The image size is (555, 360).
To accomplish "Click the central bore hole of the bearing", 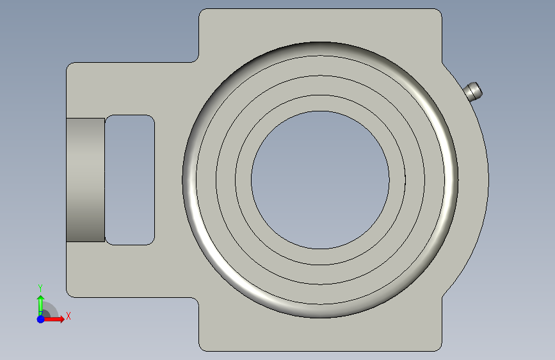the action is (x=320, y=180).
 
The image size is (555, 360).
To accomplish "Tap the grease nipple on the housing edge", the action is (x=473, y=91).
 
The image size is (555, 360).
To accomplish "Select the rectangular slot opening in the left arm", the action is (x=130, y=179).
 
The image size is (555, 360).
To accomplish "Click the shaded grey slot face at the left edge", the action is (x=85, y=180).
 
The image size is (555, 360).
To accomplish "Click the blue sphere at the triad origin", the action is (x=41, y=319).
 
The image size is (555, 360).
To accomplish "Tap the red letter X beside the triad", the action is (x=68, y=316).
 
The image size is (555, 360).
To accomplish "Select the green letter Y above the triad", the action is (x=40, y=288).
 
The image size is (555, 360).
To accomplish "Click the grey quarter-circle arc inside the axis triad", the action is (x=53, y=307).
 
